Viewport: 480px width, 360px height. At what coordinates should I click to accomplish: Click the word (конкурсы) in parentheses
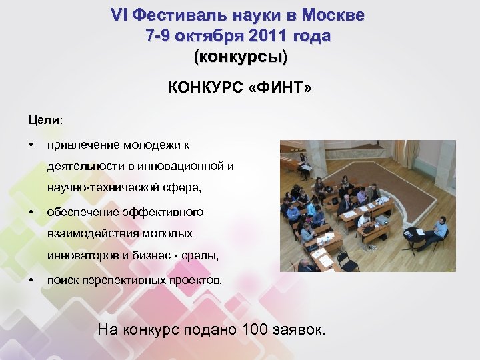pos(240,57)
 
